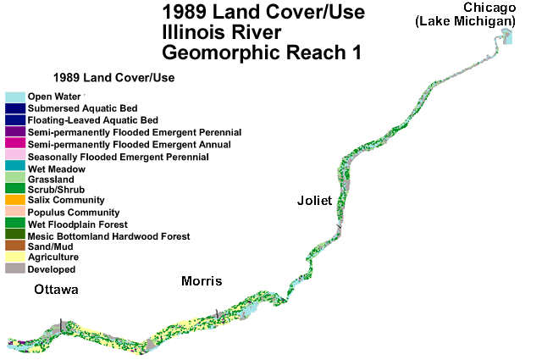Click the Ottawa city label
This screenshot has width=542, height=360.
[56, 290]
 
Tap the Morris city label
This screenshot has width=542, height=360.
[202, 281]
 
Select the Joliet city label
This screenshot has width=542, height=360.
[314, 201]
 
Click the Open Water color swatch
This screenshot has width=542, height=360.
[14, 97]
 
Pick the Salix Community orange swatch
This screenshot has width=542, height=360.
[14, 200]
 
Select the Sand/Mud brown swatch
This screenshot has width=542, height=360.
[14, 246]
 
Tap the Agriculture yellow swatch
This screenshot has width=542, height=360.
[14, 258]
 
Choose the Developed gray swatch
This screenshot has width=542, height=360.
[14, 269]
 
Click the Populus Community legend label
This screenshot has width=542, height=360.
[74, 212]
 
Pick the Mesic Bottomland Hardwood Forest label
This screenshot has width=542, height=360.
[109, 235]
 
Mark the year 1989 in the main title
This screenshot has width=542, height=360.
[183, 14]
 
